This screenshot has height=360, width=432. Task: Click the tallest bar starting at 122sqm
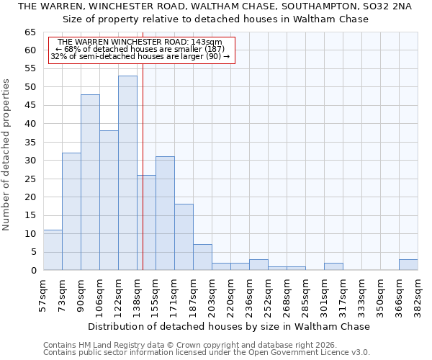(127, 173)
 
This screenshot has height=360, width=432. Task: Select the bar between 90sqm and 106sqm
(90, 182)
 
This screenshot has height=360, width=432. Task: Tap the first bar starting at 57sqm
(53, 250)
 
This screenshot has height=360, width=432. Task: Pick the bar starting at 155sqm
(165, 213)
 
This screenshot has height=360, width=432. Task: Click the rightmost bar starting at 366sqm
(408, 265)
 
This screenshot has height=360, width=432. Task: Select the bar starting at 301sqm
(333, 266)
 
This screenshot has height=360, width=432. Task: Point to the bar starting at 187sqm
(202, 257)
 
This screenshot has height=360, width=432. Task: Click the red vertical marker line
(143, 158)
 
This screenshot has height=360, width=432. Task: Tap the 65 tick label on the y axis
(30, 32)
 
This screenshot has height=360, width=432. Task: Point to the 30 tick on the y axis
(30, 161)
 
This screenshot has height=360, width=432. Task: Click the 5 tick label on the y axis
(33, 252)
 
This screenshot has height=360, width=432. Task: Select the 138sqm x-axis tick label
(137, 294)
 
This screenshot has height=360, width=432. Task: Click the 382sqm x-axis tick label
(418, 294)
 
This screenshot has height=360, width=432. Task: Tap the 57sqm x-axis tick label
(43, 294)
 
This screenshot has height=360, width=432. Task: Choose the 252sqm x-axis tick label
(268, 294)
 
